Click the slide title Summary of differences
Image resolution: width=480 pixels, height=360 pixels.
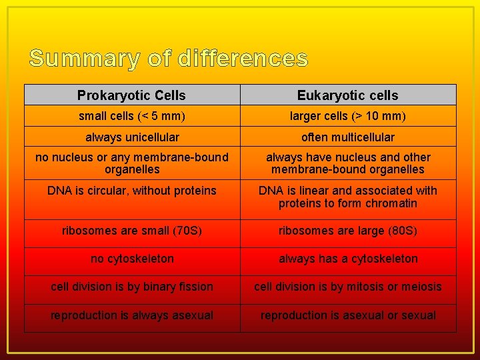[168, 59]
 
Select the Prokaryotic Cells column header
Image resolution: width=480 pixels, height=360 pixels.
[131, 95]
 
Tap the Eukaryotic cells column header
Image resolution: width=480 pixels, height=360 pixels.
[347, 95]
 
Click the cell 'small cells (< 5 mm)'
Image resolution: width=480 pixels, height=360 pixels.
[132, 116]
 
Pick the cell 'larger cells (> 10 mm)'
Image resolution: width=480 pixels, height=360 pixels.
[348, 116]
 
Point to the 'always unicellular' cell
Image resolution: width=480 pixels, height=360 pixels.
[132, 137]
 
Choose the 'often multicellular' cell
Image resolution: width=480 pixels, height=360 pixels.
[348, 137]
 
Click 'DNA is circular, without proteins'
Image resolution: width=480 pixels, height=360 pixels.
[132, 191]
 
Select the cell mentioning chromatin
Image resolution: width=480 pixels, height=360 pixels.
[348, 197]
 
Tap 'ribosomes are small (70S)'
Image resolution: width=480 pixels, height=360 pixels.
[132, 231]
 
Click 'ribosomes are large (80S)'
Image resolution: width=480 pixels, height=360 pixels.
[348, 231]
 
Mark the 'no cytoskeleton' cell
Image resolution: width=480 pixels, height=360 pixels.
[132, 259]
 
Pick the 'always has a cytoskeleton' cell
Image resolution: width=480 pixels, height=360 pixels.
[348, 259]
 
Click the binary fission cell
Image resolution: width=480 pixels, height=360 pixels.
[132, 287]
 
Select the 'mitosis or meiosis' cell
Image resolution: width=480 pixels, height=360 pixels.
[348, 287]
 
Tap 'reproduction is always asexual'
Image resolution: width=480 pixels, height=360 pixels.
[132, 315]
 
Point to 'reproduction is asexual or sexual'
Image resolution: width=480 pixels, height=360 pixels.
[348, 315]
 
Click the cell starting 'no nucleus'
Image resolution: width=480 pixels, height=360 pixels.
[132, 163]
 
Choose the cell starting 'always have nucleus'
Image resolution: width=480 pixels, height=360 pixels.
[348, 163]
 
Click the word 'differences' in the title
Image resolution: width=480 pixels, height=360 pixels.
[243, 59]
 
